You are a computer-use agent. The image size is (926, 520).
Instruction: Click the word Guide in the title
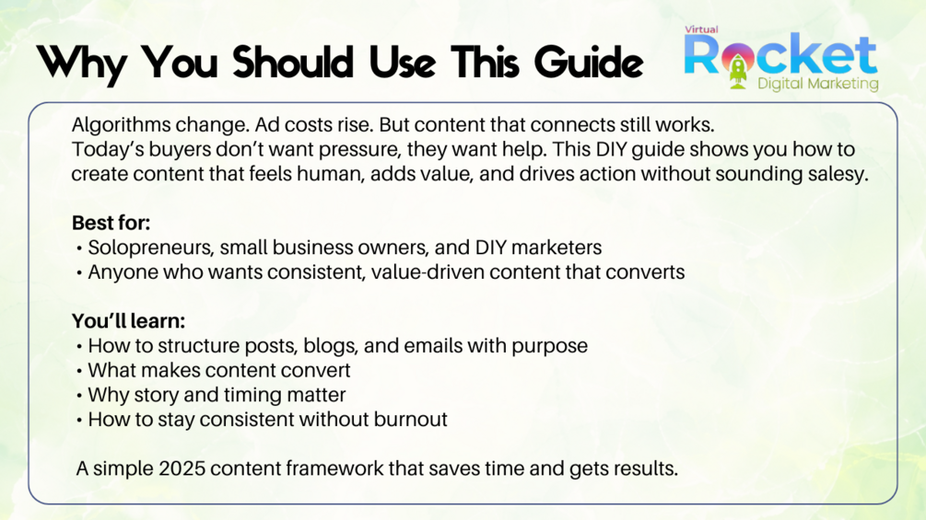588,62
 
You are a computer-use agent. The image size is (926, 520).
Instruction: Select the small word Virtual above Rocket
701,29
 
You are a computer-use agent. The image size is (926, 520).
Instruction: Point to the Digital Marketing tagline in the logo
818,84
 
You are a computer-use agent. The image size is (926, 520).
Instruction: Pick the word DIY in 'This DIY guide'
611,149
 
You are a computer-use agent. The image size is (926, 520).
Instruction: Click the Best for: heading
111,223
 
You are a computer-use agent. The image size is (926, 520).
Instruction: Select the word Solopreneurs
150,248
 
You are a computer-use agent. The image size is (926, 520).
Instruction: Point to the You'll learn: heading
128,320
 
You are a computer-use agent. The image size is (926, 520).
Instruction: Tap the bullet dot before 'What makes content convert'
79,372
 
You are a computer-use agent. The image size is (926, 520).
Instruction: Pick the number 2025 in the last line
182,468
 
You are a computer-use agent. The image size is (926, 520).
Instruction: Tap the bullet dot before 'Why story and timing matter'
79,396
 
